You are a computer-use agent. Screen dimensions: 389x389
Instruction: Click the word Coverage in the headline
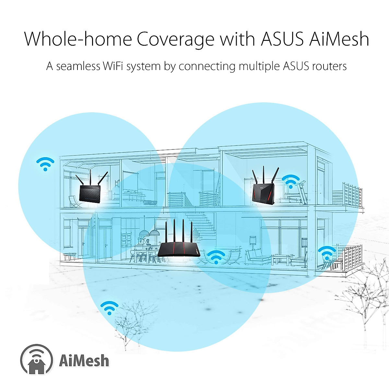pos(175,39)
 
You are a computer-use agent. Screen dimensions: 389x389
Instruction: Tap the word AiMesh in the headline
pos(339,39)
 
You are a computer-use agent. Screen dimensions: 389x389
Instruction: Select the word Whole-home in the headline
pos(78,39)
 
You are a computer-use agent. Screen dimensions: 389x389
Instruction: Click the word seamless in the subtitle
pos(78,66)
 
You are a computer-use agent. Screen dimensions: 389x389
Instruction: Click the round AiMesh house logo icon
pos(36,360)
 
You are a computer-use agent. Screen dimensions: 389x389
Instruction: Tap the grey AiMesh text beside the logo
pos(84,360)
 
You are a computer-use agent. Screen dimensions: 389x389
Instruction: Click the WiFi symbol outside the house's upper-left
pos(45,164)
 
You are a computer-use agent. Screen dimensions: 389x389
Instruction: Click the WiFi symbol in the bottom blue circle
pos(109,307)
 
